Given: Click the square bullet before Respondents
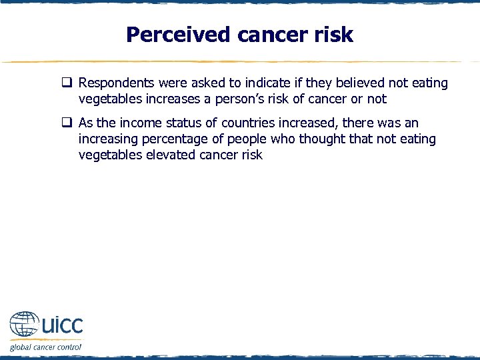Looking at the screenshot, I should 68,83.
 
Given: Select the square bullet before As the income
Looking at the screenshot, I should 68,123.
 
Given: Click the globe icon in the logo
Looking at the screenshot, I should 24,326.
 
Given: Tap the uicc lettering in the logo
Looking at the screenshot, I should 61,326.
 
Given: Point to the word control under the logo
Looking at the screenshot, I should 68,347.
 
